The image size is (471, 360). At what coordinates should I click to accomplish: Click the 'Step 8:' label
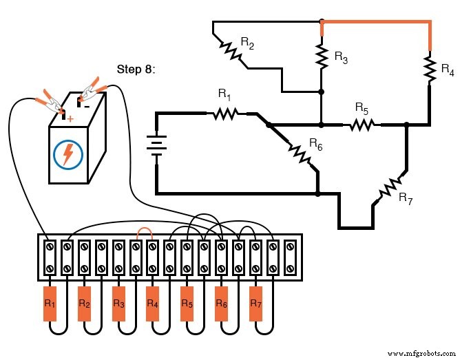pyautogui.click(x=138, y=70)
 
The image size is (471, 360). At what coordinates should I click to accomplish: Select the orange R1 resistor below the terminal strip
pyautogui.click(x=50, y=304)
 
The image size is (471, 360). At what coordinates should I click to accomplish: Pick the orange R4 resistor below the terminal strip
pyautogui.click(x=153, y=304)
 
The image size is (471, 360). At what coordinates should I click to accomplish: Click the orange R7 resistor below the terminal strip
pyautogui.click(x=255, y=304)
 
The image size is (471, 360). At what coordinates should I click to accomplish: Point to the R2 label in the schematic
pyautogui.click(x=247, y=42)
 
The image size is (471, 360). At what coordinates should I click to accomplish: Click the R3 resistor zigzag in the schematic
pyautogui.click(x=321, y=56)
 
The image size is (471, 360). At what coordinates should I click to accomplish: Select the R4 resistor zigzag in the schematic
pyautogui.click(x=430, y=67)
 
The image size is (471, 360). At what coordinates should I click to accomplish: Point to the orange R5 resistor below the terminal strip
pyautogui.click(x=187, y=304)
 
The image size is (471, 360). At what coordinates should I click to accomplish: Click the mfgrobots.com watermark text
pyautogui.click(x=426, y=352)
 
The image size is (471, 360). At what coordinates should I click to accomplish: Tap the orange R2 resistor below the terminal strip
pyautogui.click(x=85, y=304)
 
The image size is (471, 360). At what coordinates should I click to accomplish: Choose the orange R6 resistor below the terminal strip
pyautogui.click(x=221, y=304)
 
